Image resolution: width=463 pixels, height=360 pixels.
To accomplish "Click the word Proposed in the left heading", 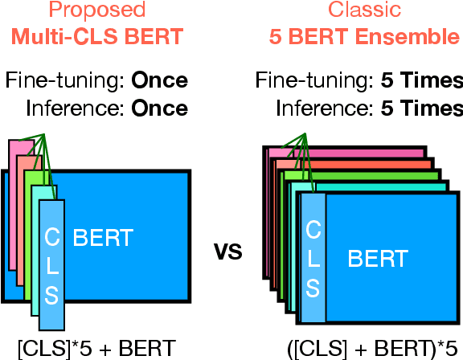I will point(96,11).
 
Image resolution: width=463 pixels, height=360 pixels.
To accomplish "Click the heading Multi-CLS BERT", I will point(96,37).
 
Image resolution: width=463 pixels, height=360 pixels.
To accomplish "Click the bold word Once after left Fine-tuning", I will point(159,81).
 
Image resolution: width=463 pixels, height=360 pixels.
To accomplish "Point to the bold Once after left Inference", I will point(159,108).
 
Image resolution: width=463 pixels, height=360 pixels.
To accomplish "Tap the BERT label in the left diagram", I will point(103,236).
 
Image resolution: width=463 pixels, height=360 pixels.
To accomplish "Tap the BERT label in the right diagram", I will point(377,258).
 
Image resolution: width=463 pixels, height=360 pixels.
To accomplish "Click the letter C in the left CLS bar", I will point(51,236).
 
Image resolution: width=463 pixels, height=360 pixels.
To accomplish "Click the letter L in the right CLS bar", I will point(313,259).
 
